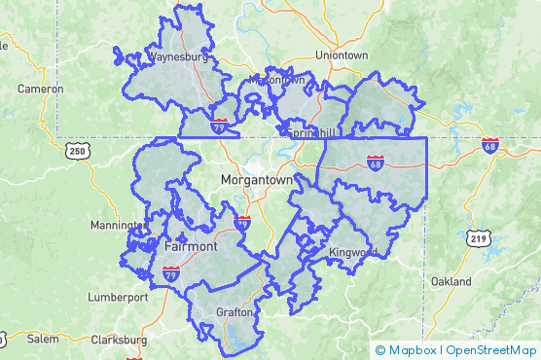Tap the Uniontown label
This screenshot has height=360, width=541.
(x=342, y=55)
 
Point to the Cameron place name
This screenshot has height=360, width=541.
(x=40, y=89)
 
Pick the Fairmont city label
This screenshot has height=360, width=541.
(x=190, y=246)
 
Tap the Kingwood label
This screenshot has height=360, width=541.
(x=351, y=253)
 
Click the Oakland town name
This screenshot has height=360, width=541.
(x=451, y=281)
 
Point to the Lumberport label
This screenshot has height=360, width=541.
(x=116, y=296)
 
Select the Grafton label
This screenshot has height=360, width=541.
(x=234, y=313)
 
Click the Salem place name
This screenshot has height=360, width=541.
(x=43, y=339)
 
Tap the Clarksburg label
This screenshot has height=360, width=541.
(x=118, y=341)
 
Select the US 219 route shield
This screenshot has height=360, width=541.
(x=478, y=238)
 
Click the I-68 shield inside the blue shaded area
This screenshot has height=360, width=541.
(x=375, y=162)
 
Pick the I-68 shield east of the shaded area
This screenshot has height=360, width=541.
(x=489, y=146)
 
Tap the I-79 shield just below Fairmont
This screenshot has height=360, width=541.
(x=170, y=276)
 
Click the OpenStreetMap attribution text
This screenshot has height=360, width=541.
(x=491, y=349)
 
